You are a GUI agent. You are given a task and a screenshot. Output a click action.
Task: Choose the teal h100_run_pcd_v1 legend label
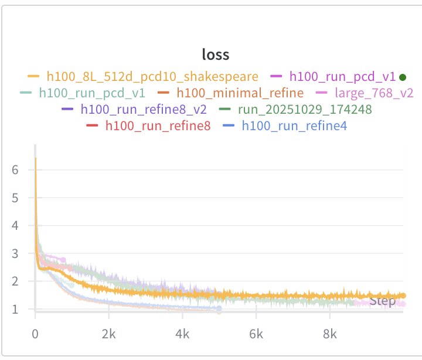pos(88,93)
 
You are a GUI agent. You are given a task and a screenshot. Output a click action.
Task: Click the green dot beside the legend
pos(402,77)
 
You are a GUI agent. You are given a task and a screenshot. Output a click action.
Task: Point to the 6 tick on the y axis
pos(16,170)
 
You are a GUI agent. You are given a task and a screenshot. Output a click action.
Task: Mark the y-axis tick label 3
pos(16,253)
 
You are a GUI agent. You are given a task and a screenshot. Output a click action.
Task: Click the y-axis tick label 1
pos(16,309)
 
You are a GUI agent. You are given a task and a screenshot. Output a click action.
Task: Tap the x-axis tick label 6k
pos(256,335)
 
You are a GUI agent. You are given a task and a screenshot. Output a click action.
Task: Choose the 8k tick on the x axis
pos(330,335)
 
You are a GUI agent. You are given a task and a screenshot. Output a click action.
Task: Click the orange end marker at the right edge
pos(403,296)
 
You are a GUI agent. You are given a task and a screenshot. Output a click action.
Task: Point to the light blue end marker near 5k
pos(219,308)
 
